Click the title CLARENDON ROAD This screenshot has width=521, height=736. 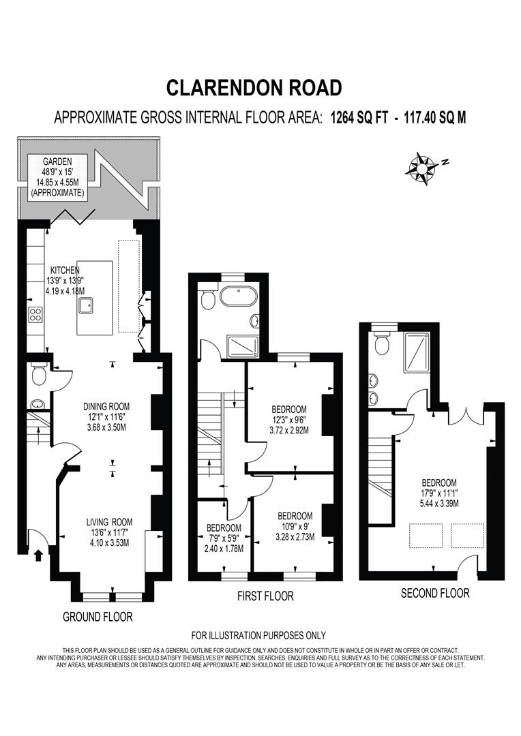(x=254, y=87)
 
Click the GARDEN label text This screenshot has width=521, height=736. (x=57, y=162)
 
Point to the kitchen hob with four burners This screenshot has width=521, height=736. (x=35, y=315)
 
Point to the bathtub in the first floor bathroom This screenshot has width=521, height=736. (x=237, y=298)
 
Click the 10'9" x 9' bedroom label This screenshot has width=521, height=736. (x=295, y=526)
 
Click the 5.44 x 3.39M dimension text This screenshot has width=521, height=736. (x=438, y=504)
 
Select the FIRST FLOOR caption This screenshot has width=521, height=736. (x=265, y=596)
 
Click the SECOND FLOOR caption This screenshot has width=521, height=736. (x=435, y=593)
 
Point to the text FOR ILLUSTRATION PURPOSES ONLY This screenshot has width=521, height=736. (x=258, y=635)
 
